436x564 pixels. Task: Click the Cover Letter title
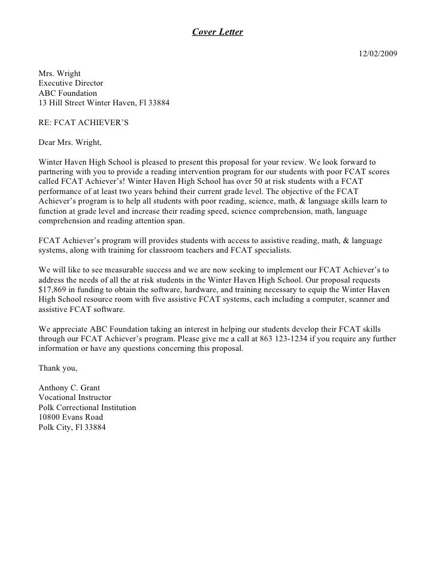point(217,32)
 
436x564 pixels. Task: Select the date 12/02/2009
point(377,54)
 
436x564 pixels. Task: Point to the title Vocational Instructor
point(74,397)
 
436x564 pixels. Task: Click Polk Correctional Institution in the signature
point(87,407)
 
